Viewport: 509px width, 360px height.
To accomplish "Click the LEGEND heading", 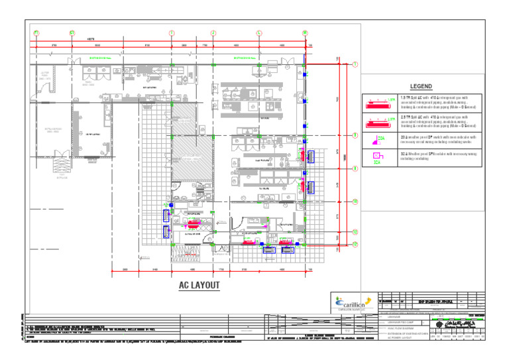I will point(421,87).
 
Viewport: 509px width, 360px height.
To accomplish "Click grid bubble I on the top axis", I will point(171,33).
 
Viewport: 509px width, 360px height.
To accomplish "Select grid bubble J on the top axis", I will point(213,33).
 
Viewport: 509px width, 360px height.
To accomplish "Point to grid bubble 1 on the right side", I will point(355,64).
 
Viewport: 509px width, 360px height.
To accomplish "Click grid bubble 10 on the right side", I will point(355,201).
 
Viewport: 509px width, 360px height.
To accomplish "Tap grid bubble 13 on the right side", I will point(355,245).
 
